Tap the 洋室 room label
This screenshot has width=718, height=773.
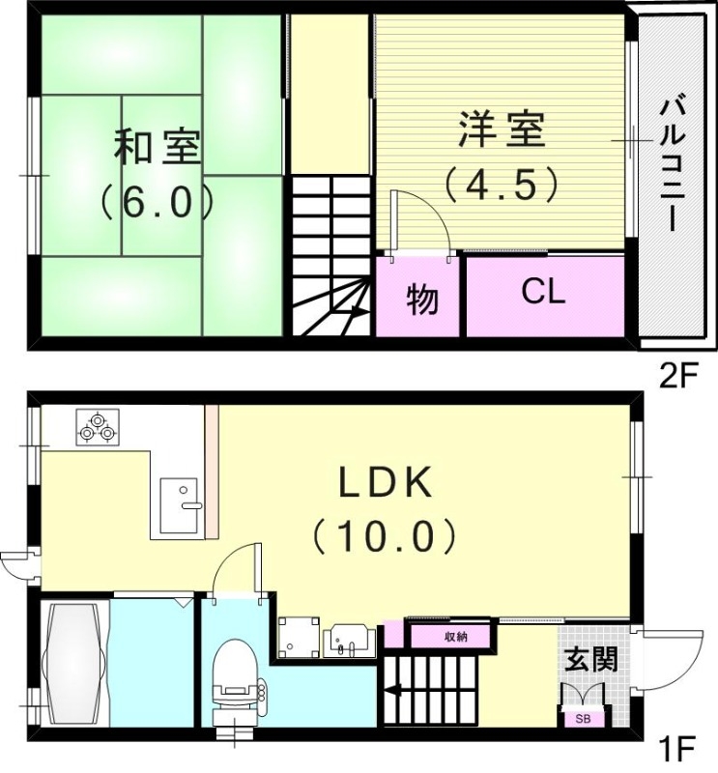(502, 130)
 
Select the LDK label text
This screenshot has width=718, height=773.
(384, 481)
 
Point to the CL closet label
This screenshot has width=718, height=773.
(543, 292)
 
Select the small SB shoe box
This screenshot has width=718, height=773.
(583, 718)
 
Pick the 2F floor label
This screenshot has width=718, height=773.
(677, 376)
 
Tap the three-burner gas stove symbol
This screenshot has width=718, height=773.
(97, 426)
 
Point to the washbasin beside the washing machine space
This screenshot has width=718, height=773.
(350, 641)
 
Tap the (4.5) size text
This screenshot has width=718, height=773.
(501, 183)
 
